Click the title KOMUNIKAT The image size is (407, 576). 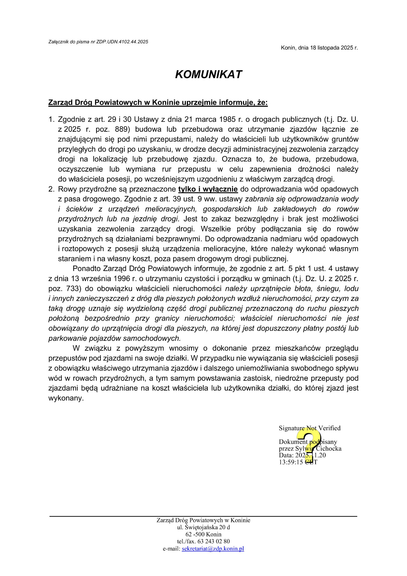pyautogui.click(x=208, y=75)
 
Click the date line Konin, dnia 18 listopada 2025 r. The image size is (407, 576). pyautogui.click(x=319, y=48)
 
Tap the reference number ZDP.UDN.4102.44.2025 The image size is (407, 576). pyautogui.click(x=122, y=42)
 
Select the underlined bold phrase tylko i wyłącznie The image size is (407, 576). pyautogui.click(x=208, y=189)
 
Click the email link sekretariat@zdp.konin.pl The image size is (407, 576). pyautogui.click(x=213, y=549)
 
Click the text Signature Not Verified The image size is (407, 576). pyautogui.click(x=310, y=428)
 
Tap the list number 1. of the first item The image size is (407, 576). pyautogui.click(x=51, y=120)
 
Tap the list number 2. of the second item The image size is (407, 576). pyautogui.click(x=51, y=189)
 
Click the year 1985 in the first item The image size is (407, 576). pyautogui.click(x=227, y=120)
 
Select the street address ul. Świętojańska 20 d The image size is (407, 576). pyautogui.click(x=203, y=527)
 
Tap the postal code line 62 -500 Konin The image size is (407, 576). pyautogui.click(x=203, y=534)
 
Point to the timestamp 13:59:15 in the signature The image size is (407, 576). pyautogui.click(x=291, y=462)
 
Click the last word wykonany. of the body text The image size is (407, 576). pyautogui.click(x=66, y=398)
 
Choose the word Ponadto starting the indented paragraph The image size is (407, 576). pyautogui.click(x=87, y=269)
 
